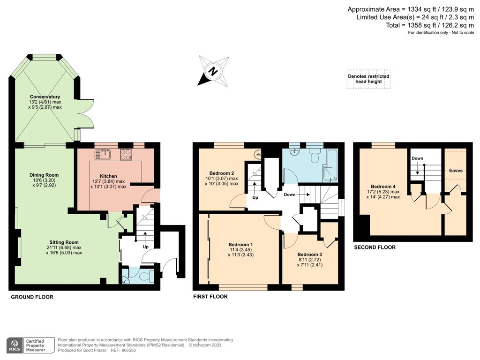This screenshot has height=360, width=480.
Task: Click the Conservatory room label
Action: tap(45, 97)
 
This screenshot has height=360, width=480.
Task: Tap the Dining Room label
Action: tap(44, 175)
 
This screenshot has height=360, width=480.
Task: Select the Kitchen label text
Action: tap(108, 176)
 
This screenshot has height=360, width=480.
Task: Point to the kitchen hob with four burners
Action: tap(126, 154)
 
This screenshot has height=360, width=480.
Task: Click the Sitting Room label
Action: tap(64, 242)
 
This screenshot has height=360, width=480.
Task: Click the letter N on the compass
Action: tap(213, 72)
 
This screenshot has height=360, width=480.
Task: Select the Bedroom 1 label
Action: tap(240, 245)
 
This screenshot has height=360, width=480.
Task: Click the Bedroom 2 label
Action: tap(222, 173)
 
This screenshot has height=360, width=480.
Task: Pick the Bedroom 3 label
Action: tap(310, 255)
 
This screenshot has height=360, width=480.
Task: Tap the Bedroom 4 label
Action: tap(383, 187)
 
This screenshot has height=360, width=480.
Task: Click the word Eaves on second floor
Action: tap(456, 171)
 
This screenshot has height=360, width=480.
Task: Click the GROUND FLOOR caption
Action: tap(32, 297)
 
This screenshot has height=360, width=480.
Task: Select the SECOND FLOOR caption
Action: tap(375, 247)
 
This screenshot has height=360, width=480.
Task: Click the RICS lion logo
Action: tap(15, 345)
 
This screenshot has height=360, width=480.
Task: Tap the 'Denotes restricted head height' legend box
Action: tap(368, 79)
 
